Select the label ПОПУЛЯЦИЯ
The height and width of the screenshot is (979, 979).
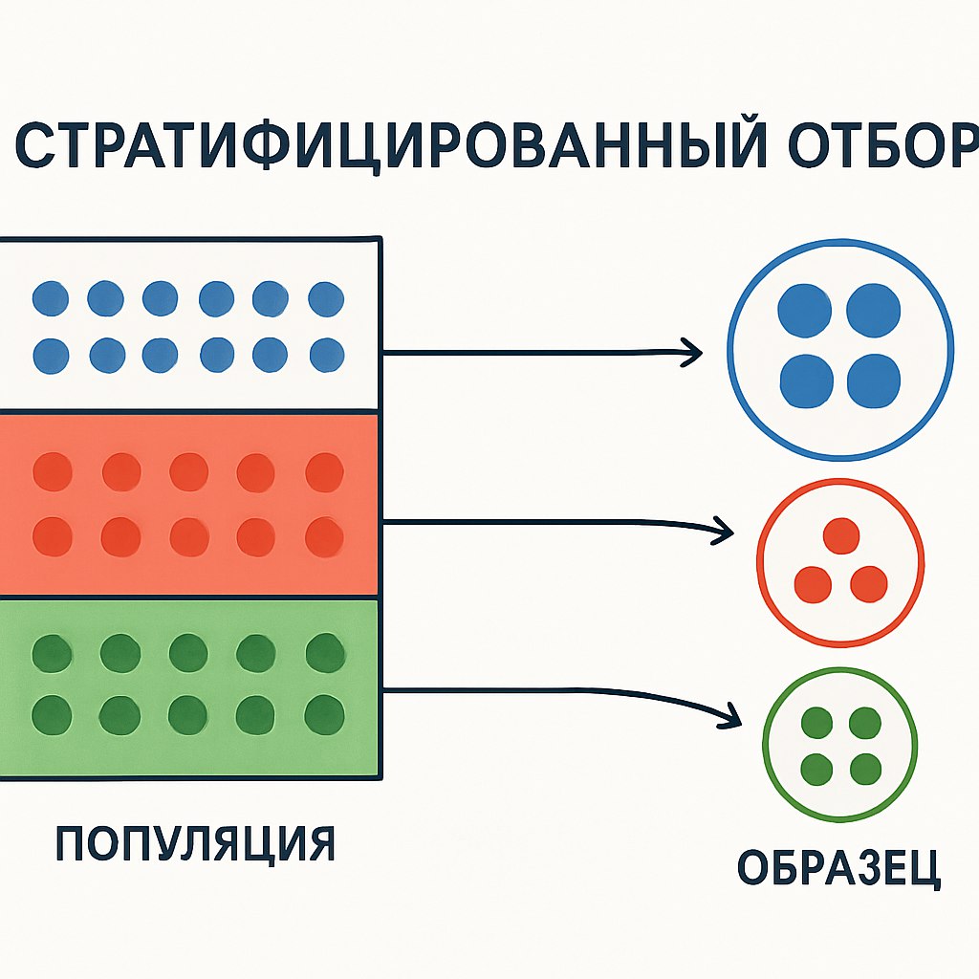coord(195,842)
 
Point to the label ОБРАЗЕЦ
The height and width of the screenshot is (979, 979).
coord(839,866)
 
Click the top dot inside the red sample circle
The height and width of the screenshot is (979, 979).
coord(840,535)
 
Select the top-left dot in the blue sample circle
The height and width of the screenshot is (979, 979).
coord(804,312)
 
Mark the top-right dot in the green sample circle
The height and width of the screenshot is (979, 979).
coord(864,724)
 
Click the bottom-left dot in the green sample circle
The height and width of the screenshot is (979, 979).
coord(816,767)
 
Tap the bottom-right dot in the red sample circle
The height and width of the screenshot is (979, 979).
coord(868,582)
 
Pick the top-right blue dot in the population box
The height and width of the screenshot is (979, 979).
coord(326,299)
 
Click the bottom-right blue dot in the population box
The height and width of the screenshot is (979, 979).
coord(326,356)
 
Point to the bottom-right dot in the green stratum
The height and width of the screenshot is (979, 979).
coord(325,712)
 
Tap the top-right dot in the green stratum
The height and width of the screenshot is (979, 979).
coord(324,653)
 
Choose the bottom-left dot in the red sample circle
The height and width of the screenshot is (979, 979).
coord(813,582)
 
